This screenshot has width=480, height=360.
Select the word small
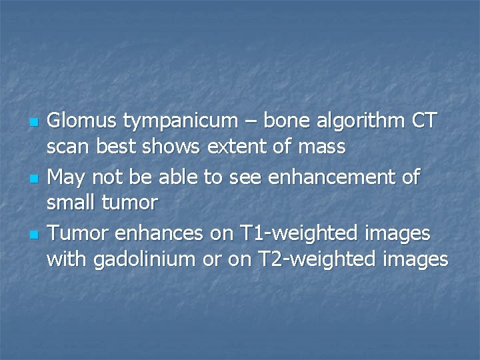[70, 203]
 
